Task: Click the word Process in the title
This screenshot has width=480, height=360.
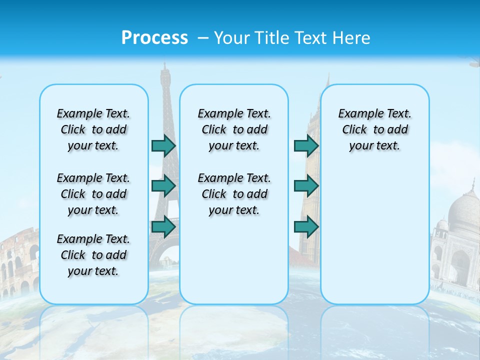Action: [x=154, y=38]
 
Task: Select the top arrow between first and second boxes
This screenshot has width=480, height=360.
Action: [x=163, y=146]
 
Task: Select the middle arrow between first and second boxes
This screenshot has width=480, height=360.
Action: [x=163, y=186]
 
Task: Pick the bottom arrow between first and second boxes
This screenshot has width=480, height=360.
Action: [x=163, y=226]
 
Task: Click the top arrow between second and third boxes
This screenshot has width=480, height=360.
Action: [x=306, y=146]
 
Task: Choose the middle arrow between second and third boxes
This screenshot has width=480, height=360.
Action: [x=306, y=186]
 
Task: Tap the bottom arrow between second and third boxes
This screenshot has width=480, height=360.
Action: [x=306, y=226]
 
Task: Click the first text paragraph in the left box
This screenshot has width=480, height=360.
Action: [x=93, y=129]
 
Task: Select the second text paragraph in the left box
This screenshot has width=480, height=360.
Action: [x=93, y=194]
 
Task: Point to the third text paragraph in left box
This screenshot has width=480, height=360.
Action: [x=93, y=255]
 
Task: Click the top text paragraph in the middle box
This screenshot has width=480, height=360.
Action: [x=234, y=129]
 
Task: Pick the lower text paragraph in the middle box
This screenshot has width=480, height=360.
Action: [x=234, y=194]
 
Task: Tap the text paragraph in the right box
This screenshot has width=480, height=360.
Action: [x=374, y=129]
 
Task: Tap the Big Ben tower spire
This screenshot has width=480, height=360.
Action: [x=327, y=80]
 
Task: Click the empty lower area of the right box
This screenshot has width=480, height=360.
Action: [x=374, y=240]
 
